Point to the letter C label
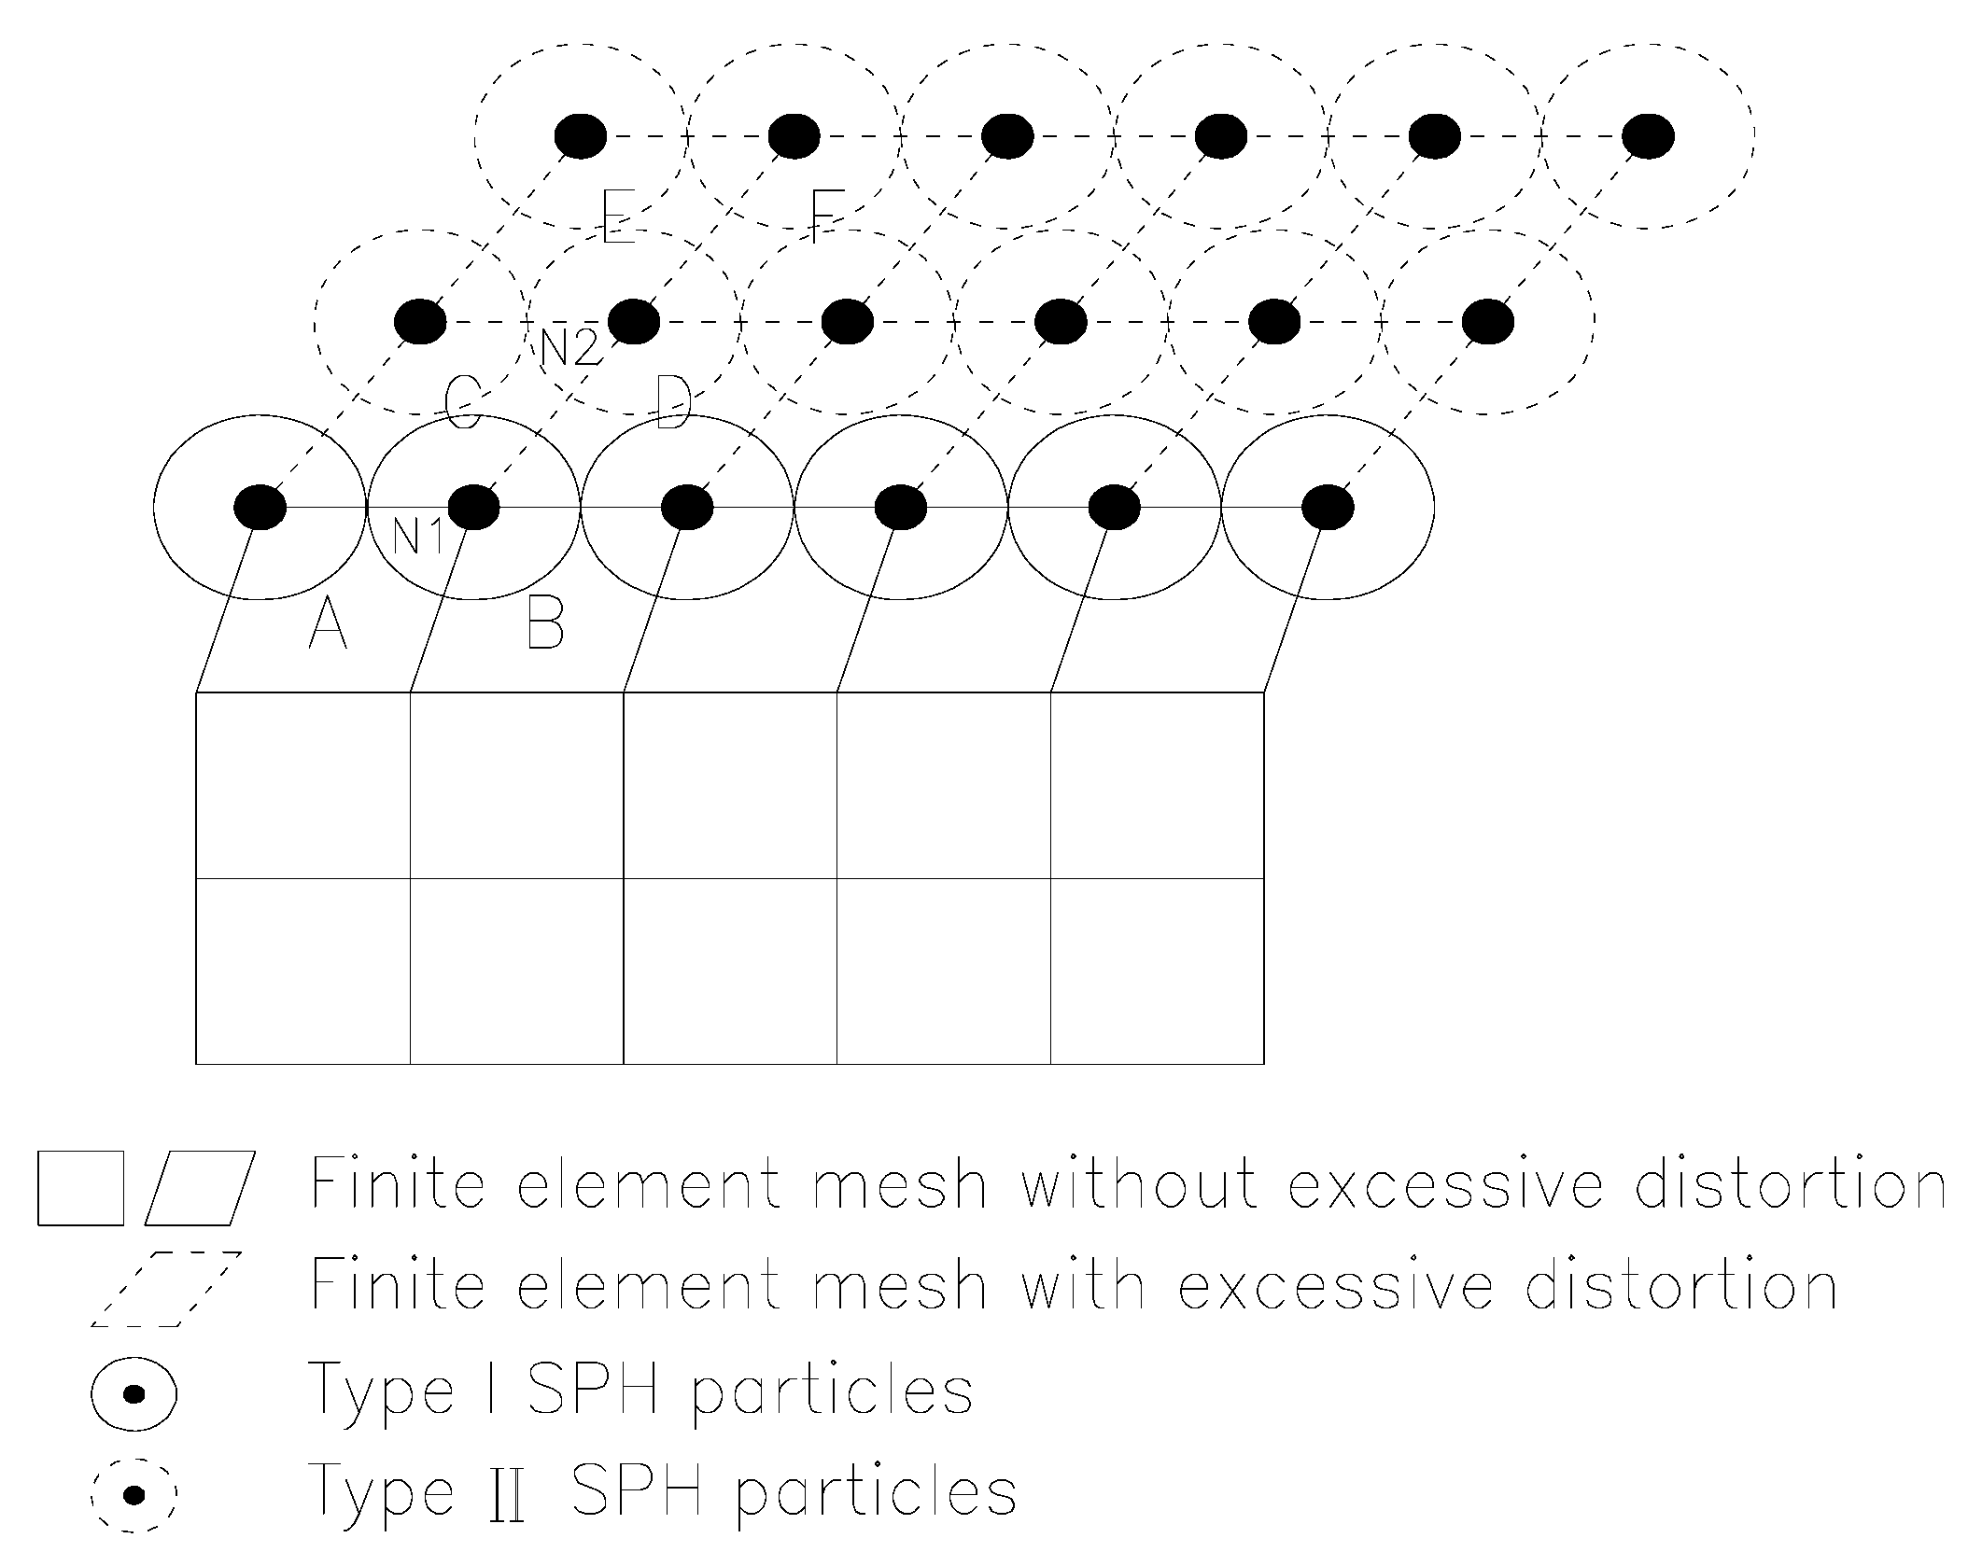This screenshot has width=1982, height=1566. click(463, 403)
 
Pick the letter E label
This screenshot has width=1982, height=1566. click(618, 217)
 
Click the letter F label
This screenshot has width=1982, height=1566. click(827, 217)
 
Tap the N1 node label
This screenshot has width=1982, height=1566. click(417, 536)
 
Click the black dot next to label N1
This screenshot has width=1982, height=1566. click(474, 507)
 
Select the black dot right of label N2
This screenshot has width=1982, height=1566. click(634, 322)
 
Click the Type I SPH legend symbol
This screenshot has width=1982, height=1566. click(134, 1394)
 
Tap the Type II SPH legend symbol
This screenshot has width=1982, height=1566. click(134, 1495)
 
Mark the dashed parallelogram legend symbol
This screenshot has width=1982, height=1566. click(166, 1289)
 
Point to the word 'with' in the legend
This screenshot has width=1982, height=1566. click(1083, 1285)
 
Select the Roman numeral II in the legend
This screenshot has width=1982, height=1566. click(507, 1495)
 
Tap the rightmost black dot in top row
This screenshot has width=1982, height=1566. click(1648, 136)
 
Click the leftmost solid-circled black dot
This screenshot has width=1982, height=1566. click(260, 507)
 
